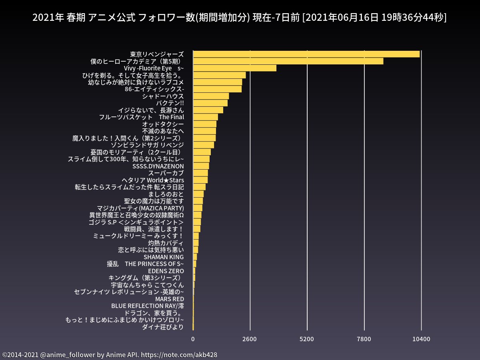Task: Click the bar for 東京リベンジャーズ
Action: tap(306, 54)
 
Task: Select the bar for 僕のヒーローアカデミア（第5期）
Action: tap(288, 61)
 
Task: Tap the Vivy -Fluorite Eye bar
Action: tap(234, 68)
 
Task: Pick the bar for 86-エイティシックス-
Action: tap(217, 89)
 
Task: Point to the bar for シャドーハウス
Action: tap(211, 96)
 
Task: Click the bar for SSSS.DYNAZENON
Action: tap(201, 166)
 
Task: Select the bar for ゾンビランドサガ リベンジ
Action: tap(203, 145)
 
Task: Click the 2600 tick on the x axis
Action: tap(250, 339)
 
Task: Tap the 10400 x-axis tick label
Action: tap(421, 339)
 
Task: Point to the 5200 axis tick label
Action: tap(307, 339)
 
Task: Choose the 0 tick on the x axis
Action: tap(193, 339)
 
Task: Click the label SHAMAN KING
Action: tap(164, 257)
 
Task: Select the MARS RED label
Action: tap(170, 299)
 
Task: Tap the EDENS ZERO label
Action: tap(166, 271)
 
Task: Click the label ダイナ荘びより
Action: tap(163, 327)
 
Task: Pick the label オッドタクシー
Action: tap(163, 124)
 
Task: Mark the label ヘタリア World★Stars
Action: tap(153, 180)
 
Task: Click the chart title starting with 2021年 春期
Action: tap(240, 18)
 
